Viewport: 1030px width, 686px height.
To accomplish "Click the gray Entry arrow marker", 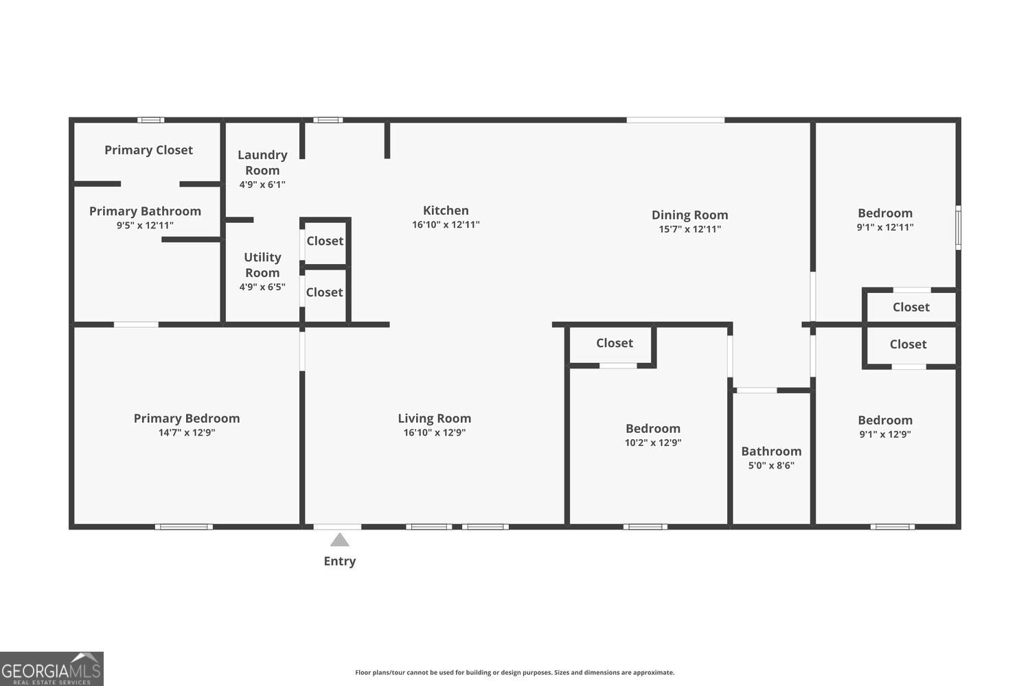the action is coord(339,539).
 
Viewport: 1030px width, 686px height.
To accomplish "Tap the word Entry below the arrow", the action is coord(340,561).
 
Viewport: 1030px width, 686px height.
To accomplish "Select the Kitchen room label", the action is coord(446,211).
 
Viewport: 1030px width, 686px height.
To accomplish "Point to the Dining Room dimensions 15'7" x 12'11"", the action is coord(689,229).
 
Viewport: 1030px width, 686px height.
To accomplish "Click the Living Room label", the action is coord(435,418).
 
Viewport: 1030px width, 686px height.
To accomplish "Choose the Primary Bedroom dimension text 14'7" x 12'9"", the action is coord(187,432).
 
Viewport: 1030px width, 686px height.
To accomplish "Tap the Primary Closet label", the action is coord(148,150).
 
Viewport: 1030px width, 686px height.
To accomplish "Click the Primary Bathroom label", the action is coord(145,211).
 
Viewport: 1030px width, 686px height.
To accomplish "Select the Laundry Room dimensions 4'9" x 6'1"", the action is coord(262,185).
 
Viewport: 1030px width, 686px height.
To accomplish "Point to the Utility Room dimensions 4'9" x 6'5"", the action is coord(262,287).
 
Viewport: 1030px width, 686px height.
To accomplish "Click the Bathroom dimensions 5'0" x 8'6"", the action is coord(771,465).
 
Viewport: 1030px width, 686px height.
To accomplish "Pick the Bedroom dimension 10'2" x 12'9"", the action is coord(653,442).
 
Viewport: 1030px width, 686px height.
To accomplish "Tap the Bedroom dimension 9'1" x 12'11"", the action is coord(884,227).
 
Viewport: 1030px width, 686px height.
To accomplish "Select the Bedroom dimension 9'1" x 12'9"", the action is coord(884,434).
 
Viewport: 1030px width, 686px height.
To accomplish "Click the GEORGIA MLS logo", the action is coord(51,669).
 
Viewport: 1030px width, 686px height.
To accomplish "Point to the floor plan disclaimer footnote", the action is coord(514,672).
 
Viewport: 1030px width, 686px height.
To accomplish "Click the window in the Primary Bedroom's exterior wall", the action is coord(183,527).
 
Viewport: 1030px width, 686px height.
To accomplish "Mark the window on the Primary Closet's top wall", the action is coord(151,120).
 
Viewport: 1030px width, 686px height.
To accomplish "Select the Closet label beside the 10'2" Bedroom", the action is coord(615,343).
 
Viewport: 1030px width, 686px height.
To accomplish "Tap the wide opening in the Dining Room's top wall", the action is coord(676,120).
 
